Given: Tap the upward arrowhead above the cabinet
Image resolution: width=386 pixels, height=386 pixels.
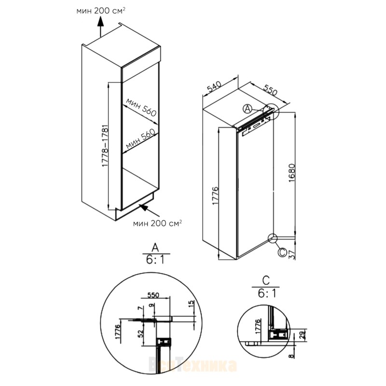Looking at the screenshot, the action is click(100, 21).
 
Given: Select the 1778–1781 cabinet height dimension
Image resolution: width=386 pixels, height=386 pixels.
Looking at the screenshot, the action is click(105, 146).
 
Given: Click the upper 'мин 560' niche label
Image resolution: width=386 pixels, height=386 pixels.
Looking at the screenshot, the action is click(141, 107).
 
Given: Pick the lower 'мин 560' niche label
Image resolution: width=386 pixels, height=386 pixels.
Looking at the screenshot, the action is click(141, 139).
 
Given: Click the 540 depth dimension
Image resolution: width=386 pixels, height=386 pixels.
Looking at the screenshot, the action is click(214, 86).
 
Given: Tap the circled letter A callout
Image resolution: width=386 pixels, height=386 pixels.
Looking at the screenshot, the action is click(248, 109).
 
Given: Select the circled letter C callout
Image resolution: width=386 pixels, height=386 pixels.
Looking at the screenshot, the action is click(282, 252).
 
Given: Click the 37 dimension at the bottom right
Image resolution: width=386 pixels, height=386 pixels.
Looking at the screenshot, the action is click(292, 255).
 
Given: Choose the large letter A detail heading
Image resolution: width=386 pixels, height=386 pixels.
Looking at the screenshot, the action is click(155, 247).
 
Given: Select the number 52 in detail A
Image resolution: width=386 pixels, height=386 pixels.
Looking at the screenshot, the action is click(140, 333).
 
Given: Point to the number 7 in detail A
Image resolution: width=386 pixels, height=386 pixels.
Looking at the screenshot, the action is click(140, 308).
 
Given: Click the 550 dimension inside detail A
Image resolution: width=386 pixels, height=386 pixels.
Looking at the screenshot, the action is click(153, 295).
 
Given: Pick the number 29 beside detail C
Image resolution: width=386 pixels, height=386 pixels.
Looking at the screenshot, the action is click(302, 334).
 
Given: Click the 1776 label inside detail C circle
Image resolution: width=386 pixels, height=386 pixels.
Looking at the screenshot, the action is click(258, 327).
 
